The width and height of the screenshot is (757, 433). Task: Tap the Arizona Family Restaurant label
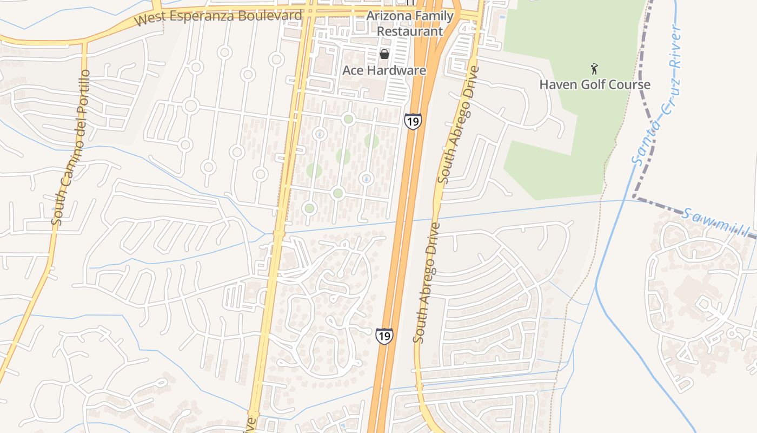click(x=410, y=23)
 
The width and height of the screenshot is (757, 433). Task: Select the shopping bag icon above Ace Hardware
click(x=384, y=54)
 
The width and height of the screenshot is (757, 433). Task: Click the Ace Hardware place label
click(x=384, y=70)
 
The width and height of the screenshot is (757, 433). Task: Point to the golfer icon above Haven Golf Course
click(x=595, y=69)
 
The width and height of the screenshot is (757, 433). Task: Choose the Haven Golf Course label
click(x=595, y=84)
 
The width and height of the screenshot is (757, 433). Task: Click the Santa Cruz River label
click(x=656, y=95)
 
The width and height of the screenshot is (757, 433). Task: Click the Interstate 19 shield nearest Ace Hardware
click(x=412, y=121)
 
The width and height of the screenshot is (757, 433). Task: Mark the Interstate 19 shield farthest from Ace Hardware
click(x=384, y=336)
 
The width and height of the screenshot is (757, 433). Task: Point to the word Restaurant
click(x=410, y=31)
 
